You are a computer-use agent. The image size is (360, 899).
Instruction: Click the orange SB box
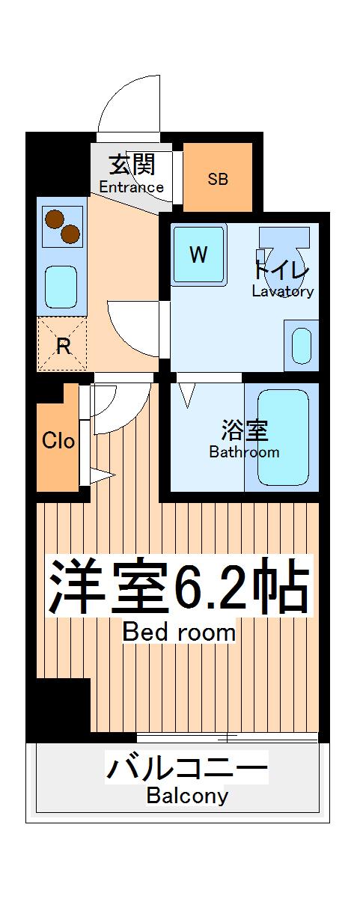tap(218, 177)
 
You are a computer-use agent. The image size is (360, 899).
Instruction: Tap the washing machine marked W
tap(198, 255)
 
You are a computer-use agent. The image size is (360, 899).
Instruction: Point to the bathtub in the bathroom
tap(282, 436)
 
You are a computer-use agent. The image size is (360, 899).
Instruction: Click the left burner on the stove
tap(54, 219)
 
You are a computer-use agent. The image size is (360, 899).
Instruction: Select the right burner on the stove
tap(70, 234)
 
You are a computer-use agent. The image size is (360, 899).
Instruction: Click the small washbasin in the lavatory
tap(301, 344)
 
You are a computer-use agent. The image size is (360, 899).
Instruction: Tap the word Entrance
tap(132, 187)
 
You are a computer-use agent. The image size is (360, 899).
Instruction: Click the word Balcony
tap(187, 796)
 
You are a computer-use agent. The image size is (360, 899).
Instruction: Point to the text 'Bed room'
tap(179, 633)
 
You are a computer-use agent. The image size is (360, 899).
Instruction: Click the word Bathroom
tap(244, 452)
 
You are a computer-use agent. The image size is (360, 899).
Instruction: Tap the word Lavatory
tap(282, 292)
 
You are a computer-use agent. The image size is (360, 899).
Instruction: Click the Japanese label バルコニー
tap(186, 768)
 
